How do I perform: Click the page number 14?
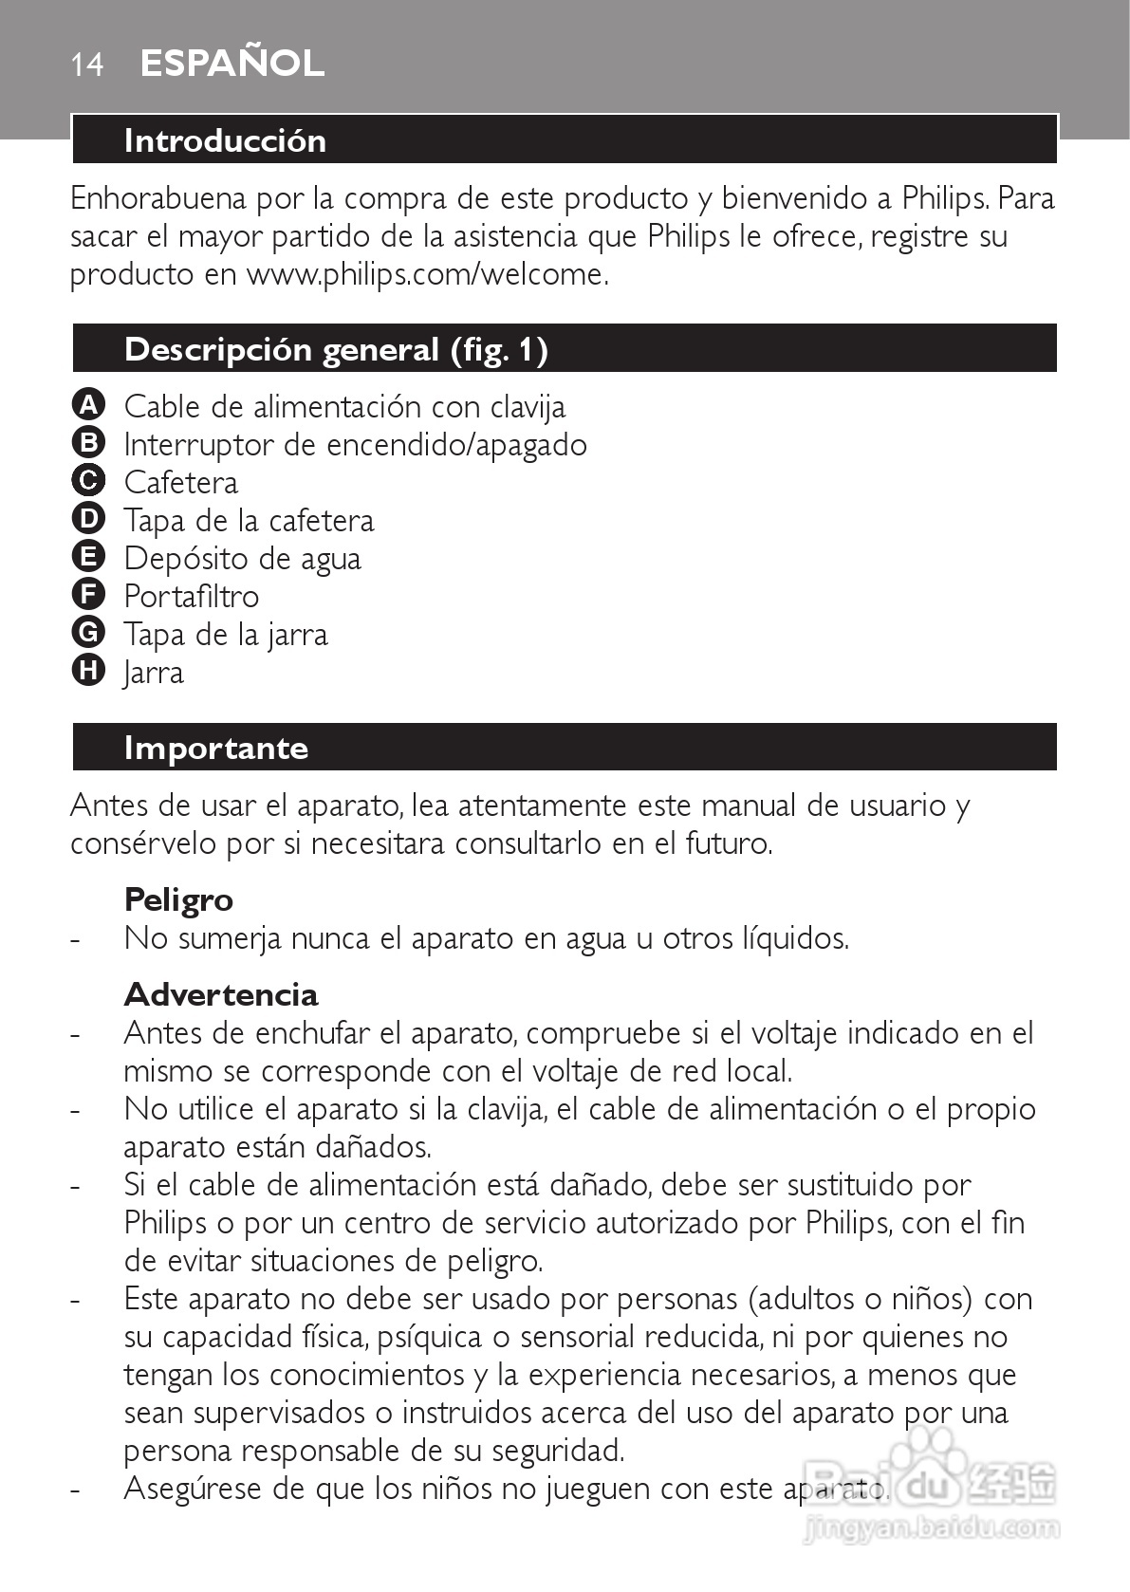(x=87, y=65)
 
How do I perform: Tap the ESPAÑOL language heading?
(x=232, y=64)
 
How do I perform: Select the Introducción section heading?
(x=225, y=140)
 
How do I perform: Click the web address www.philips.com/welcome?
(x=425, y=274)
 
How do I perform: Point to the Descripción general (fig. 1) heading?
(x=336, y=350)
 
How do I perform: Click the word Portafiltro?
(x=191, y=596)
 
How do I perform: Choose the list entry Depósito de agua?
(x=242, y=558)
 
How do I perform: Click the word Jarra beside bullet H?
(x=154, y=673)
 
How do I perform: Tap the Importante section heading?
(x=216, y=748)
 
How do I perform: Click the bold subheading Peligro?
(x=178, y=899)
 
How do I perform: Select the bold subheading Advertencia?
(x=221, y=994)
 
